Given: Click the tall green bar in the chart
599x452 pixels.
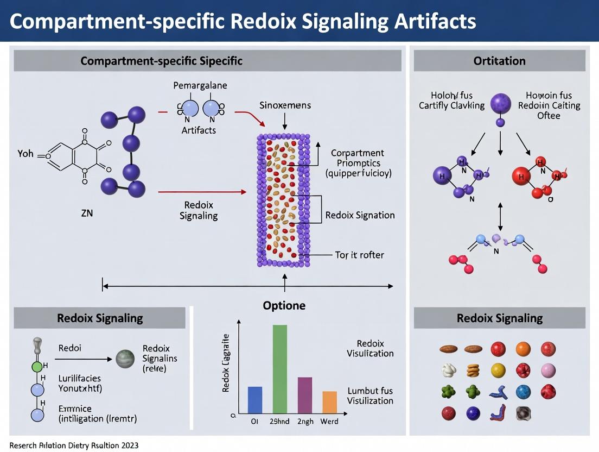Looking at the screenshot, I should coord(279,369).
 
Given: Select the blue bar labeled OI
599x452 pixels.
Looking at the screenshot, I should coord(254,399).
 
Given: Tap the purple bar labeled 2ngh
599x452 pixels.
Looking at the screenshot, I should coord(305,395).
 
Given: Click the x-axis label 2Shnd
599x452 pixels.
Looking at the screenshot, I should coord(280,422).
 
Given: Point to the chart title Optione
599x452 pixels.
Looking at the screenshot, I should coord(284,305).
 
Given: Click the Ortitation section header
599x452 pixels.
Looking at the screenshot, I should coord(499,60).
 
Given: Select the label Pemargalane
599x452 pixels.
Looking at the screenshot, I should coord(200,86).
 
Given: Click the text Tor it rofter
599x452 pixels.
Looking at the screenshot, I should coord(359,255).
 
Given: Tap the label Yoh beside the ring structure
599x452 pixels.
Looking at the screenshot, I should coord(26,154).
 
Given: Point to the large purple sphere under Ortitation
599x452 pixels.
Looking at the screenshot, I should coord(500,103).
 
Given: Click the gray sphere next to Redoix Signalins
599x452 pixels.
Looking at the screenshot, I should coord(124,359).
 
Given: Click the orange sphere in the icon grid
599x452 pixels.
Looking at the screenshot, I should coord(523,349).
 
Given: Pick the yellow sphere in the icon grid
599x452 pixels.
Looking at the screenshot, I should coord(498,371).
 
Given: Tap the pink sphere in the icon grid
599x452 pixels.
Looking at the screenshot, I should coord(548,371).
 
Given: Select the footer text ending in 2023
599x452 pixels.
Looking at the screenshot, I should coord(74,445).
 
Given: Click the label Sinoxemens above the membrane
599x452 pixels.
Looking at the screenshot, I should coord(285,105).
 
